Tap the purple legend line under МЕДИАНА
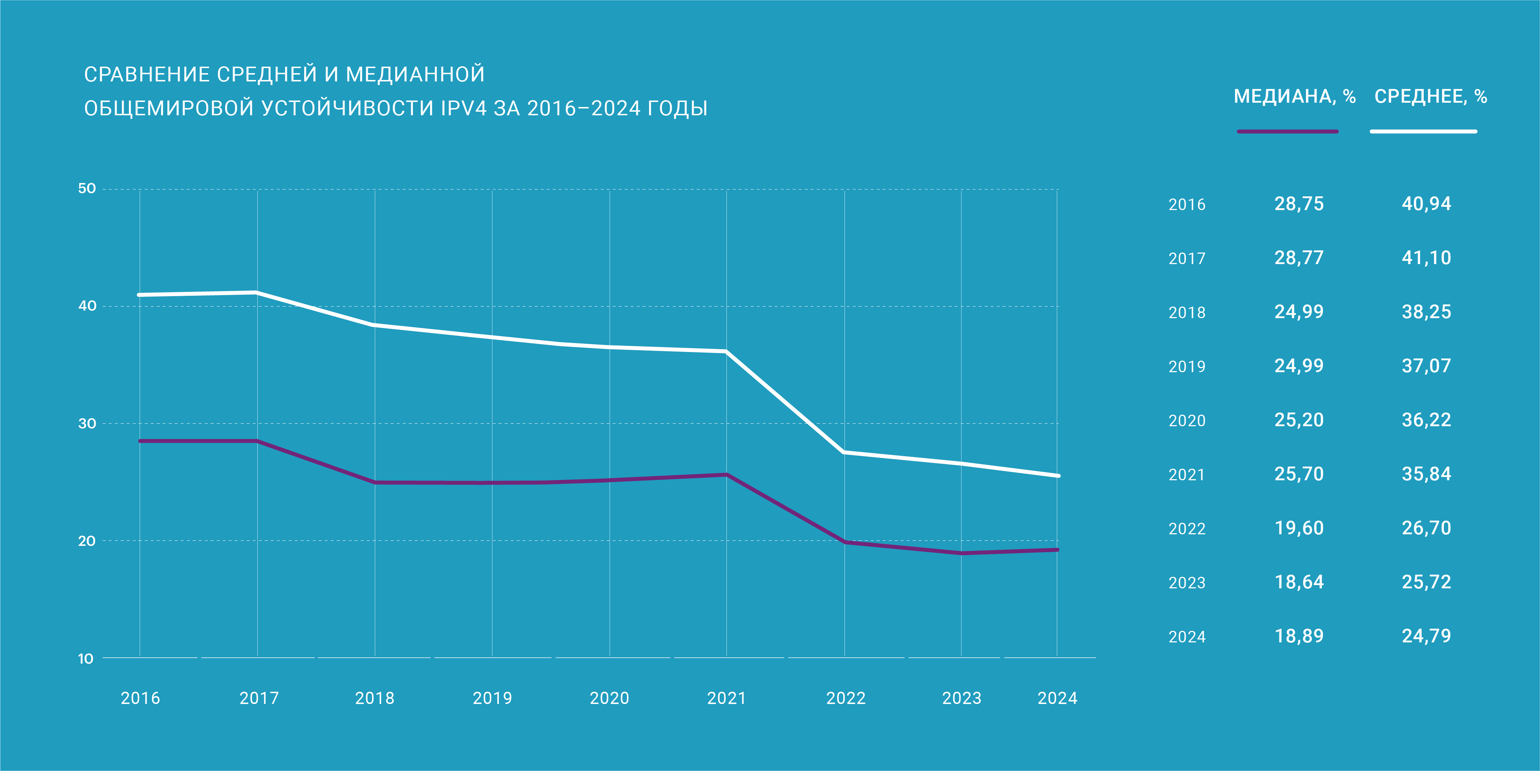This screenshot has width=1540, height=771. (x=1287, y=132)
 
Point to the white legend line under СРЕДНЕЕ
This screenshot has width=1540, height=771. (x=1423, y=132)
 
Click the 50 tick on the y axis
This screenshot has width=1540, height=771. (x=87, y=189)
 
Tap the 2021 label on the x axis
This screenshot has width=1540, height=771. (x=726, y=698)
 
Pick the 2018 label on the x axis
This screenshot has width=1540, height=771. (x=375, y=698)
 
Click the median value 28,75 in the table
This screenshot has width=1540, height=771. (x=1299, y=204)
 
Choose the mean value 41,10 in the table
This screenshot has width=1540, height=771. (x=1426, y=258)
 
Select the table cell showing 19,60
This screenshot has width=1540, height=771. (x=1299, y=528)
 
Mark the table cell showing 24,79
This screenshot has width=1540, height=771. (x=1426, y=636)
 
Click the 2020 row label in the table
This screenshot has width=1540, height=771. (x=1187, y=421)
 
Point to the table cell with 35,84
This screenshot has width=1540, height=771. (x=1426, y=474)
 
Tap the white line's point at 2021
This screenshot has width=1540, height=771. (x=726, y=352)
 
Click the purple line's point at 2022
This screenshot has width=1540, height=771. (x=845, y=542)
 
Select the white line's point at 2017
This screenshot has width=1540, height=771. (x=256, y=293)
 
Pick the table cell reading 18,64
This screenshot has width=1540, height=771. (x=1299, y=582)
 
